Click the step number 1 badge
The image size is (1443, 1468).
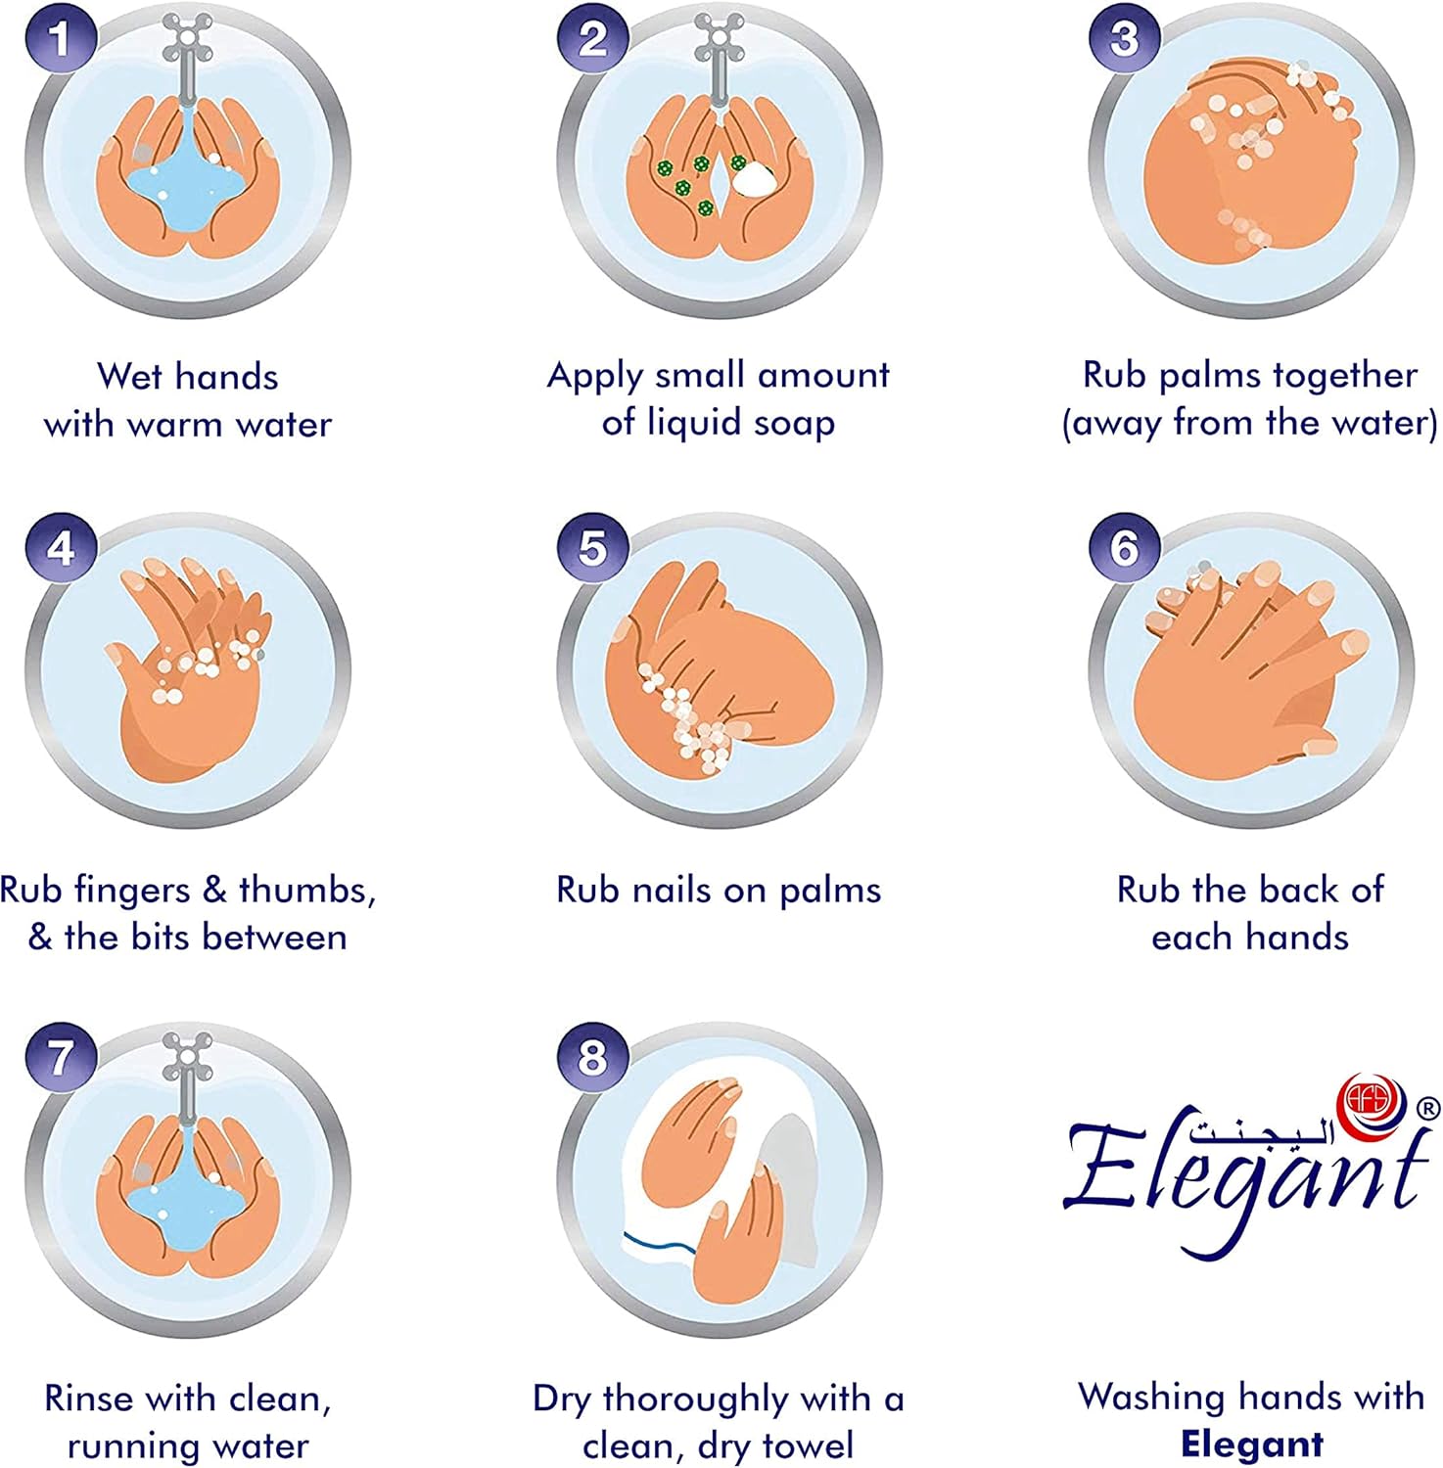[x=61, y=39]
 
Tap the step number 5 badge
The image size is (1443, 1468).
[x=592, y=547]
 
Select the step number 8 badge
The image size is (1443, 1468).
[x=592, y=1057]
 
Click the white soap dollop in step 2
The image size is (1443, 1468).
[x=754, y=178]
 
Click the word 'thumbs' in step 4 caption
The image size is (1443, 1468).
[x=307, y=890]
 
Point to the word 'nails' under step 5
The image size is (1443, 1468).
[x=672, y=890]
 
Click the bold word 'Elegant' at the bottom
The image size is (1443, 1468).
[x=1252, y=1445]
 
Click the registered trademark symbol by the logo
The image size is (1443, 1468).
[x=1428, y=1108]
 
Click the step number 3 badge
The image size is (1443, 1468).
[x=1125, y=39]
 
